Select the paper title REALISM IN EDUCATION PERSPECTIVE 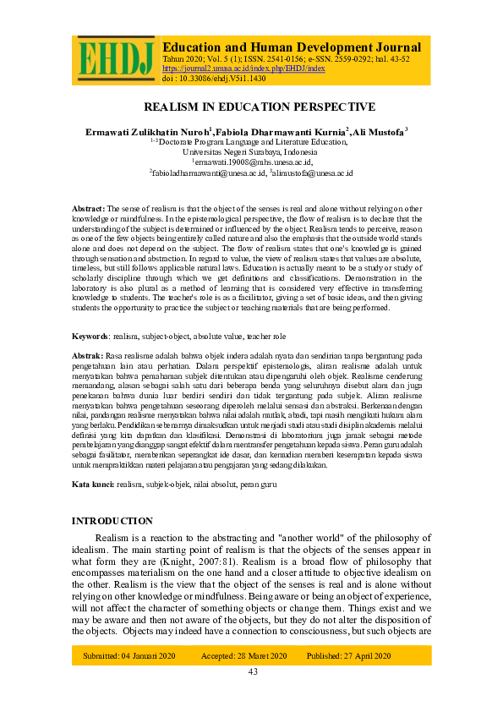point(260,107)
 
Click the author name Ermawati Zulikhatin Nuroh point(148,133)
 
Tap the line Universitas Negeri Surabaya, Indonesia point(251,152)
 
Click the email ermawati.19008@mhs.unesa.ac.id point(253,162)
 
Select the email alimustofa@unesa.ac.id point(312,173)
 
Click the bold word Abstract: point(89,207)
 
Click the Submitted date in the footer point(128,655)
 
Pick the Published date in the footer point(348,655)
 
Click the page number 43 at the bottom point(252,671)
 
